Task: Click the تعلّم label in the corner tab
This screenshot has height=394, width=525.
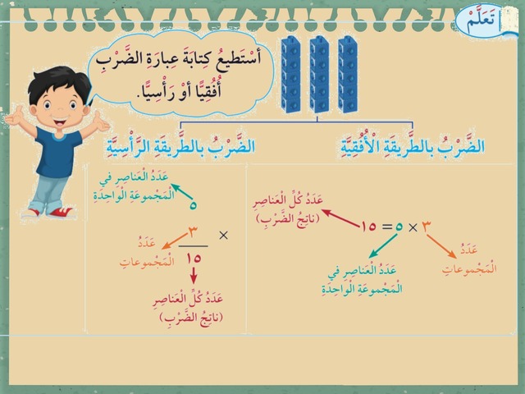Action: (481, 21)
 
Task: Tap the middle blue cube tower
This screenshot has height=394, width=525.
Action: (319, 74)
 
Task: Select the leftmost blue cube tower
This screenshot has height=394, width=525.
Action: (291, 74)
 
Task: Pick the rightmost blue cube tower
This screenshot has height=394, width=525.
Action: (348, 74)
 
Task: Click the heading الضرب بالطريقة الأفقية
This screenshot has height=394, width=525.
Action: (413, 145)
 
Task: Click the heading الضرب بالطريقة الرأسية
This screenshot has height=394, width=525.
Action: (180, 145)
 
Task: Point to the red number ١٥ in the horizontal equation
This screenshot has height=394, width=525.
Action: (368, 227)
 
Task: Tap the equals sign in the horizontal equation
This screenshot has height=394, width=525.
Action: (387, 227)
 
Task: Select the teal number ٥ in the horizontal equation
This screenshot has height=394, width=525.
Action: (399, 227)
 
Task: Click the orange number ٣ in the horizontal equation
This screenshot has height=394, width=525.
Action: (425, 227)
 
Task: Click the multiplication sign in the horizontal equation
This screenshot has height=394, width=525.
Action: (413, 228)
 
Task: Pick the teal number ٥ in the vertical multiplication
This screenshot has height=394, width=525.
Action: (193, 205)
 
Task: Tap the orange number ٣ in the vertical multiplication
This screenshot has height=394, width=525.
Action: (194, 232)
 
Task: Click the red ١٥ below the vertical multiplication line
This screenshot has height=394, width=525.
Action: (194, 259)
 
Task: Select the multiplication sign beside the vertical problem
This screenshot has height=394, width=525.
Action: (223, 236)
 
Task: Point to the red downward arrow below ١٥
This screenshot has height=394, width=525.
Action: (194, 276)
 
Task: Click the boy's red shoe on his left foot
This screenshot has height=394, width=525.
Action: (61, 213)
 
